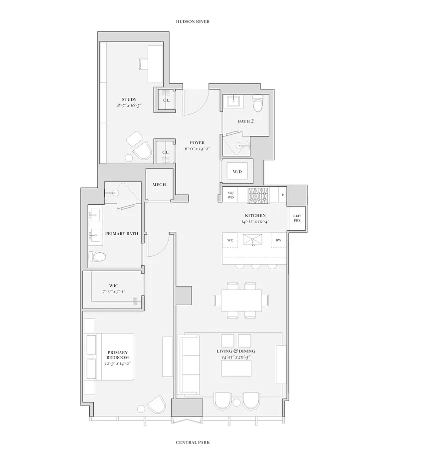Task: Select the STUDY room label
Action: point(129,99)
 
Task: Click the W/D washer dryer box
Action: point(237,172)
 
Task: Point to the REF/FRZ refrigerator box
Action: point(297,218)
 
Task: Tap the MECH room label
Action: point(159,184)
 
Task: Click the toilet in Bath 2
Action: point(258,104)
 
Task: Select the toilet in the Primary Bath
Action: point(98,257)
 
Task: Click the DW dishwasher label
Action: point(278,240)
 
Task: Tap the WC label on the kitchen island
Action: point(230,240)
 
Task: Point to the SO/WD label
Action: point(230,195)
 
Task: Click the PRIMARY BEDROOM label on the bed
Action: point(118,355)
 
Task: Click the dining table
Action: point(241,300)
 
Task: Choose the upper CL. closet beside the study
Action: point(167,100)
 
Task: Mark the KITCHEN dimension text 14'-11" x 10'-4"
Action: point(255,221)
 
